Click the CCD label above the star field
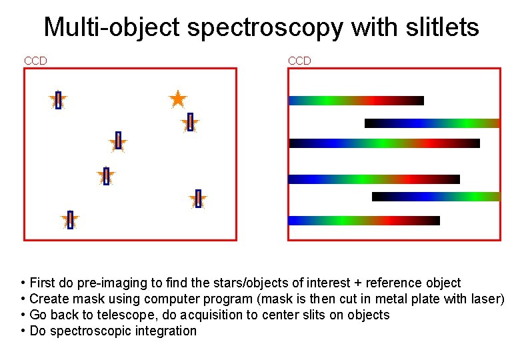point(35,61)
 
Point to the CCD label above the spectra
point(299,61)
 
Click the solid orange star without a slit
point(177,99)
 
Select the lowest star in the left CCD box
point(70,220)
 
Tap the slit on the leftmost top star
point(58,100)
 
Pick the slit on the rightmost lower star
point(198,199)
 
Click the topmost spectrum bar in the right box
point(356,101)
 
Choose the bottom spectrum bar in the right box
point(364,221)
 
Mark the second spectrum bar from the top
point(432,123)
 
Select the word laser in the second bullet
point(485,299)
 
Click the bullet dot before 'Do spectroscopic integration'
point(23,331)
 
